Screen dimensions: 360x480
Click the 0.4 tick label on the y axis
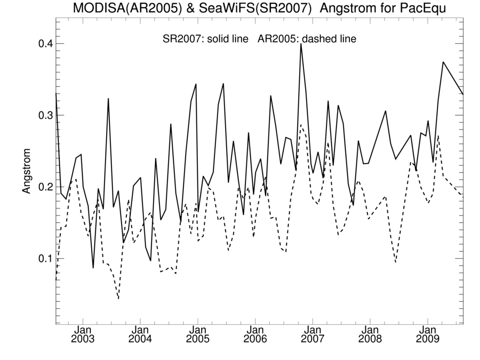[x=40, y=43]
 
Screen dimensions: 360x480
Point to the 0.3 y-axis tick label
[x=40, y=115]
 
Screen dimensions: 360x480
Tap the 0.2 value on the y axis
[x=40, y=187]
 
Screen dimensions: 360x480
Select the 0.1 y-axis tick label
[x=40, y=259]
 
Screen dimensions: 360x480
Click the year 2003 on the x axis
[x=83, y=339]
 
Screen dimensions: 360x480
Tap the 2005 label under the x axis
[x=197, y=339]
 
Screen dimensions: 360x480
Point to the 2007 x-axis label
[x=313, y=339]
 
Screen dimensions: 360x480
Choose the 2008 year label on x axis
[x=370, y=339]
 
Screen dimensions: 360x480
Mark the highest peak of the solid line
[x=301, y=44]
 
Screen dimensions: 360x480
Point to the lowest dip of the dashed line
[x=118, y=299]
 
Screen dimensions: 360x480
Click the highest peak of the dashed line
[x=301, y=125]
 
